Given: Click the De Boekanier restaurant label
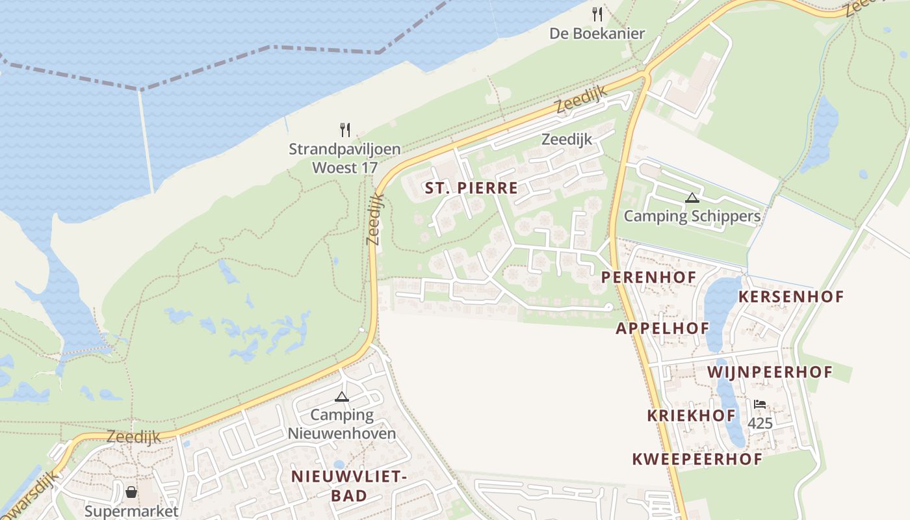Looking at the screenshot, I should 597,34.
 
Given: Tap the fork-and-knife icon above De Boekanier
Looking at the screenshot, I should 597,14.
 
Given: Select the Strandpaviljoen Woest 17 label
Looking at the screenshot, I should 344,159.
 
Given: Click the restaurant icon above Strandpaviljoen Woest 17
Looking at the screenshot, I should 345,130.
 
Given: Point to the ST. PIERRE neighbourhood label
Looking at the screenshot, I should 471,188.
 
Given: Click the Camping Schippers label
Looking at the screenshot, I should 692,216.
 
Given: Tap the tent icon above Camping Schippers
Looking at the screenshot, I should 692,198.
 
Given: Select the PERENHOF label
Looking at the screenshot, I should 648,278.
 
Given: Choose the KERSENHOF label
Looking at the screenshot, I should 790,297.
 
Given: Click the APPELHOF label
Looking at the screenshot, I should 662,328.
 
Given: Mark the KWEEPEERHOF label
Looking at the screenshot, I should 697,460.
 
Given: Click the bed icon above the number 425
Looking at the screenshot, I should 759,404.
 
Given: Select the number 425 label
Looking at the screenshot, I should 759,424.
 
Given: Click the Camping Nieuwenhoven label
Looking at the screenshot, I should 342,424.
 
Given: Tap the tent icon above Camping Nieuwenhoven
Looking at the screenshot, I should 342,396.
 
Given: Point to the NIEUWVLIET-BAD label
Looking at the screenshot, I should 348,486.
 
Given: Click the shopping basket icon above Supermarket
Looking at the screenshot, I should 131,492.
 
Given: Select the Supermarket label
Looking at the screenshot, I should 131,511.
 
